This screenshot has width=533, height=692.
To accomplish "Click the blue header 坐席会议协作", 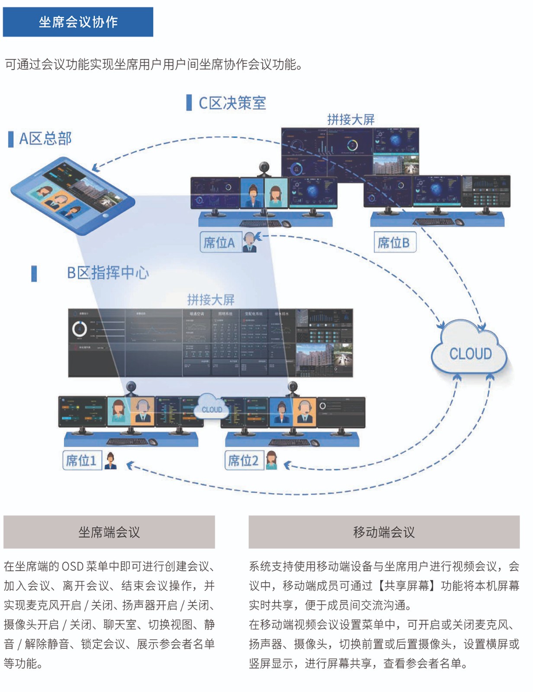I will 78,22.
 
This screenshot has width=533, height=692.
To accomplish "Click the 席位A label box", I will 220,243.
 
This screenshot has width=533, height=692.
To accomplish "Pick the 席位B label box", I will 394,243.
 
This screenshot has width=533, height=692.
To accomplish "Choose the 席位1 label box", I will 81,460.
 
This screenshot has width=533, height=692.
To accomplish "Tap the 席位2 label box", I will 243,460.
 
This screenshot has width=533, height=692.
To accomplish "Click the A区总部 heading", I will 45,138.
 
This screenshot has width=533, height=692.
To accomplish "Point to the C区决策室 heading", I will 232,103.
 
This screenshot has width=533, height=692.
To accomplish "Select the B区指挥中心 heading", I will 107,273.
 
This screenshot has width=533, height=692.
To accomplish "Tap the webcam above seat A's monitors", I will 264,167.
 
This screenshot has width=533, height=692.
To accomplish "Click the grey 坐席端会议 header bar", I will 109,532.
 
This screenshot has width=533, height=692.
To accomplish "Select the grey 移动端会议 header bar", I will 384,532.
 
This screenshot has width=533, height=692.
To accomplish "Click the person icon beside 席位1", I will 111,460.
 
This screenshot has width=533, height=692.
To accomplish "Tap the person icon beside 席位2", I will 272,460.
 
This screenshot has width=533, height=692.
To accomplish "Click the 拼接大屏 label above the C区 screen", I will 350,119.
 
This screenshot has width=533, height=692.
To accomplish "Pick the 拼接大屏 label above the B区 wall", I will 211,299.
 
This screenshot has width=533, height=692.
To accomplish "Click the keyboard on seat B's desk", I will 433,222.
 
